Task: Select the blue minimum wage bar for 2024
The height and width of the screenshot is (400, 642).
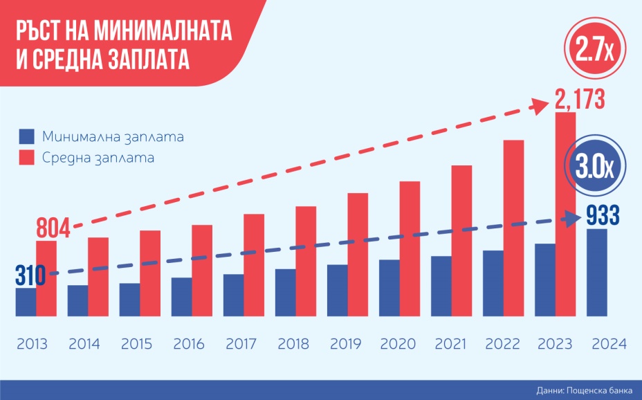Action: pos(596,274)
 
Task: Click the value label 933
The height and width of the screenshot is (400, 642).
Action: pos(603,216)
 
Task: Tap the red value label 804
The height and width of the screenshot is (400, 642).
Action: pos(53,228)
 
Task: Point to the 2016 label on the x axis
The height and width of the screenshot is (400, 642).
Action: pos(187,344)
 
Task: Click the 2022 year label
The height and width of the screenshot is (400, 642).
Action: pos(499,344)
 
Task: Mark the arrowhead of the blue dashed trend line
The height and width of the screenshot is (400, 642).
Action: pos(573,217)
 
